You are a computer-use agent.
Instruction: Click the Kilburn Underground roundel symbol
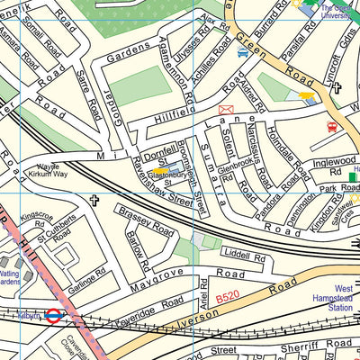pos(54,316)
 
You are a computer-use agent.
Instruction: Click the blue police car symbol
pos(242,53)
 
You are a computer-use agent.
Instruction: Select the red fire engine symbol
pos(332,127)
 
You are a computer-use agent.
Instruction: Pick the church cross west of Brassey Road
pos(94,202)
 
